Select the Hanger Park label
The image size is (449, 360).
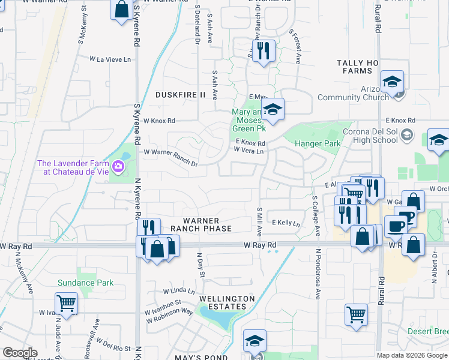point(318,143)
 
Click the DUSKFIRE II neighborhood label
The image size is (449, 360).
point(181,95)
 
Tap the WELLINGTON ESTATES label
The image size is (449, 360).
point(223,302)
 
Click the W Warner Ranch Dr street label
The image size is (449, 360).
point(170,157)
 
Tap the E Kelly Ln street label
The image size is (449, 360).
point(286,223)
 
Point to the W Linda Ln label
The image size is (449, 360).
point(179,291)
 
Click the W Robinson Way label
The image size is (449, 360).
point(170,316)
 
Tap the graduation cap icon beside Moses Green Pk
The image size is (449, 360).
point(273,110)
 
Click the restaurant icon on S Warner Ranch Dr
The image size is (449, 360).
point(264,52)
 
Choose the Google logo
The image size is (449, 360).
point(19,353)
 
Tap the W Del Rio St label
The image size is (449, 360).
point(116,348)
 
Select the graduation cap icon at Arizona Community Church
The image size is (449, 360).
point(392,82)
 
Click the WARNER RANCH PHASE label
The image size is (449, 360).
point(201,224)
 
